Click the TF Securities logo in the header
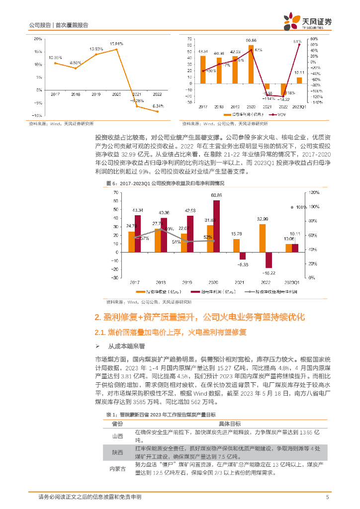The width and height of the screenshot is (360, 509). coord(308,20)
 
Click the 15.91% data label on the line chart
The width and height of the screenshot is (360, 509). coord(116,44)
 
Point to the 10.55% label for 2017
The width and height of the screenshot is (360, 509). coord(55,58)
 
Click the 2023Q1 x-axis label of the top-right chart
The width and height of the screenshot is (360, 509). coord(299,106)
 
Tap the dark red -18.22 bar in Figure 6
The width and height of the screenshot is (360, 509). coord(269,260)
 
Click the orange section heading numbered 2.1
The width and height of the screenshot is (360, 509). coord(170,332)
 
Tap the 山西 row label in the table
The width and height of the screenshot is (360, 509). coord(117,436)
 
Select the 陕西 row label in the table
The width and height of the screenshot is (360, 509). coord(117,452)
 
